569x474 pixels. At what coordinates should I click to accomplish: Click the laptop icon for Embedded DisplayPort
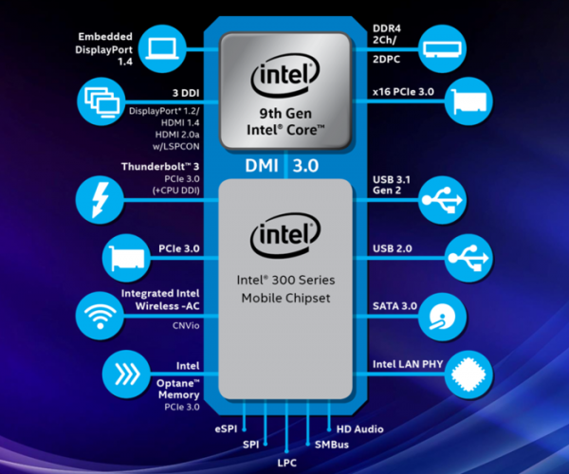pyautogui.click(x=162, y=47)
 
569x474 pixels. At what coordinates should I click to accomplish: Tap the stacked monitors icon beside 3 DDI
pyautogui.click(x=101, y=101)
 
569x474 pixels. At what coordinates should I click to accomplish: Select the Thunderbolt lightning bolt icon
pyautogui.click(x=100, y=199)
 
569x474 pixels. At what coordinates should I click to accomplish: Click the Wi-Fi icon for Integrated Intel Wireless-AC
pyautogui.click(x=100, y=316)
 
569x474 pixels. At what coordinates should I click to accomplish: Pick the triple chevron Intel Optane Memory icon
pyautogui.click(x=126, y=374)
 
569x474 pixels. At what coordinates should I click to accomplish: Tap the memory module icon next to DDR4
pyautogui.click(x=442, y=48)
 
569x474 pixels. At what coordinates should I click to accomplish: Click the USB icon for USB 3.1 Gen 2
pyautogui.click(x=442, y=200)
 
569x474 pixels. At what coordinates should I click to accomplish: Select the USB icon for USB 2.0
pyautogui.click(x=468, y=258)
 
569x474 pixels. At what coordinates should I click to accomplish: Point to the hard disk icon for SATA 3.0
pyautogui.click(x=442, y=317)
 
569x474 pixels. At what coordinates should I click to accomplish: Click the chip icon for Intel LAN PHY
pyautogui.click(x=468, y=374)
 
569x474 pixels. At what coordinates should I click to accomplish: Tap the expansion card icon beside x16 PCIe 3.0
pyautogui.click(x=468, y=101)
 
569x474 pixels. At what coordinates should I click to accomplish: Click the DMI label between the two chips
pyautogui.click(x=262, y=166)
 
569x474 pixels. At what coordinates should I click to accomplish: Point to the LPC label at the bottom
pyautogui.click(x=286, y=463)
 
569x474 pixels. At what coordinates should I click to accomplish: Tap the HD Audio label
pyautogui.click(x=360, y=429)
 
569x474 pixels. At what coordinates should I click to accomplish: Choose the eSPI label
pyautogui.click(x=226, y=429)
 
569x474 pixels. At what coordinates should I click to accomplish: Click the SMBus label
pyautogui.click(x=332, y=445)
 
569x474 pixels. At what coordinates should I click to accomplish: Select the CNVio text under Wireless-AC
pyautogui.click(x=186, y=326)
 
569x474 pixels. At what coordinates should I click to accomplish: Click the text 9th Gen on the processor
pyautogui.click(x=285, y=114)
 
